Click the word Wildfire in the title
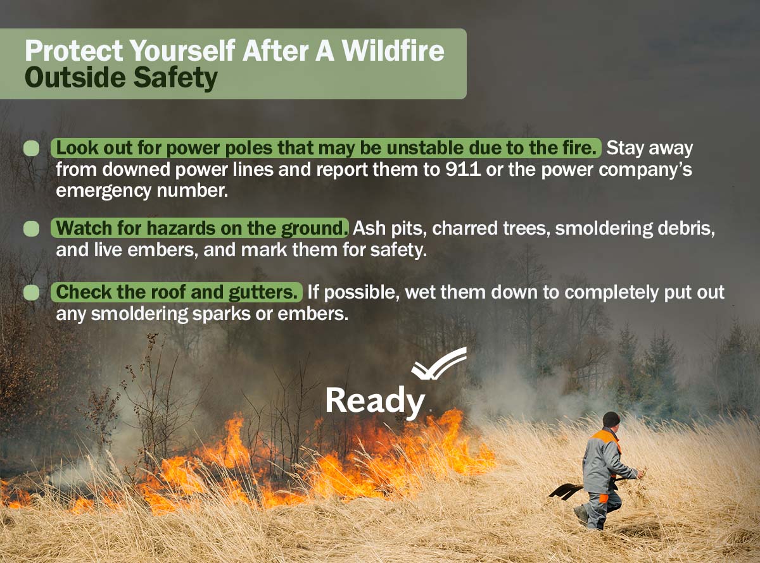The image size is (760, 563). click(393, 51)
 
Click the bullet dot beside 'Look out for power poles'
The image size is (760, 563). click(32, 148)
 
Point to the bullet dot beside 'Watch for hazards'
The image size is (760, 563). click(32, 228)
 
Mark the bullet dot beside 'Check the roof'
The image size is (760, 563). click(32, 292)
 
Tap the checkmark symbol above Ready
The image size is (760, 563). click(439, 364)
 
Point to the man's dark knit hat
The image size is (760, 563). click(611, 419)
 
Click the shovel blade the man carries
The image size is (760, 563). click(566, 491)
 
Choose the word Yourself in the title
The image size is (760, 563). click(182, 51)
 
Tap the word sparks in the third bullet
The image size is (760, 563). click(222, 314)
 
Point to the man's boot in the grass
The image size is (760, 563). click(581, 514)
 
